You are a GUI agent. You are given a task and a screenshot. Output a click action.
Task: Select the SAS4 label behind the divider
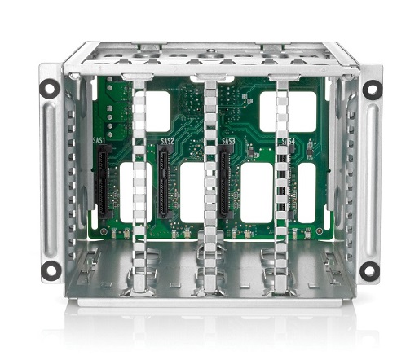click(288, 142)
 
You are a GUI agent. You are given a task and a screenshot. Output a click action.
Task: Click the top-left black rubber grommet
click(51, 87)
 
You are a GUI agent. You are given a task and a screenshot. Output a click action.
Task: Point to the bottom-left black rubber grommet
click(51, 270)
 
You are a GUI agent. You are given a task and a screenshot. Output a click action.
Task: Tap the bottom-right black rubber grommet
click(370, 270)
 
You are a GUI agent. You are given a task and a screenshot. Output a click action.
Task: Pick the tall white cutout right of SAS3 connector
click(256, 192)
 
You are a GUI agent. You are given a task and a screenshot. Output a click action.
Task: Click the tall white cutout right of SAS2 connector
click(193, 192)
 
